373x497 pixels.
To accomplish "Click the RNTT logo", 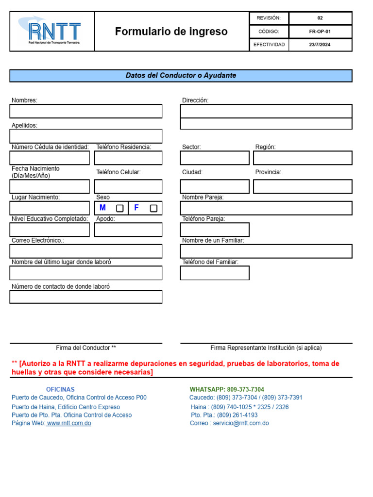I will (52, 32).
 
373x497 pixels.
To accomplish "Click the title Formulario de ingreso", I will (171, 32).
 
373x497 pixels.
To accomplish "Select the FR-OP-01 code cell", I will (320, 32).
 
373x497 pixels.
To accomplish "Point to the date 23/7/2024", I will (320, 45).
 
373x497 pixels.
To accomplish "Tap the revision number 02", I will (320, 18).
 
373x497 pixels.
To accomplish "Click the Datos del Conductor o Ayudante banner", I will (181, 76).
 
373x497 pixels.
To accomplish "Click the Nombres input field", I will (86, 111).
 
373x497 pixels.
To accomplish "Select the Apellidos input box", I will (86, 136).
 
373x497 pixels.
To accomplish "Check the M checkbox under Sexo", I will (119, 208).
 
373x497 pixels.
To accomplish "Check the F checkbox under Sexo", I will (153, 208).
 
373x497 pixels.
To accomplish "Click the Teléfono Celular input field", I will (128, 186).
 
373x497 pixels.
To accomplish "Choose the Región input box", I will (303, 158).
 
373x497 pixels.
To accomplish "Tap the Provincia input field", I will (303, 186).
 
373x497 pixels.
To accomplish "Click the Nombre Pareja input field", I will (266, 208).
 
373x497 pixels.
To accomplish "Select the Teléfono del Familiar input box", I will (215, 273).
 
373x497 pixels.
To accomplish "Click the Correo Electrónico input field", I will (86, 251).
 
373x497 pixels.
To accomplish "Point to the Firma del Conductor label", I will (86, 348).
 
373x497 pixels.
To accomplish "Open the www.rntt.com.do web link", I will (69, 423).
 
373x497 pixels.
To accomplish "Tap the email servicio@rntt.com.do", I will (241, 423).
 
